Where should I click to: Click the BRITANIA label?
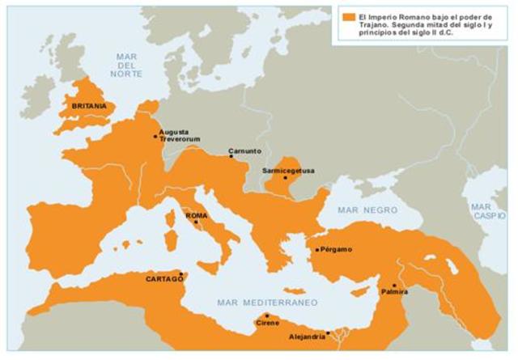(88, 106)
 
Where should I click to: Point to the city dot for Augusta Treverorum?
(155, 136)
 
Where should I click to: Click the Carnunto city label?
(244, 150)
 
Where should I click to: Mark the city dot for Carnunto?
(231, 156)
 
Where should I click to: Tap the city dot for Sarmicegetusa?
(285, 178)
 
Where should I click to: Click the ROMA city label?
(196, 215)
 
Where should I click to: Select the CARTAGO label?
(164, 278)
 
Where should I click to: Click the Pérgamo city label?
(336, 249)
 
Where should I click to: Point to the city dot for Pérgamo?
(317, 250)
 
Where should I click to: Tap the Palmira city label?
(396, 291)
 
